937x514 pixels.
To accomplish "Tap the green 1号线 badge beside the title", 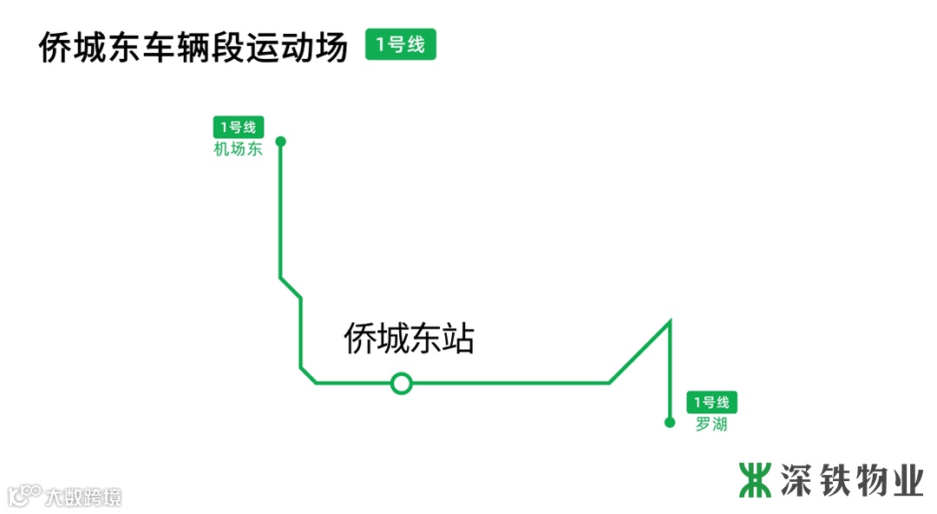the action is (400, 44).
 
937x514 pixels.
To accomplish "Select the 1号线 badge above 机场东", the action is (238, 127).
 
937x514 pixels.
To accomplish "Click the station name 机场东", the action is (238, 148).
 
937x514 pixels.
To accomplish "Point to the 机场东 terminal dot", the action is (280, 141).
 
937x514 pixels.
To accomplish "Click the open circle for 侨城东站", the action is (401, 382).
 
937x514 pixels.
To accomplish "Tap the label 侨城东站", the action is (409, 338).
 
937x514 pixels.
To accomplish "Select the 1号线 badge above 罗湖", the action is (711, 403).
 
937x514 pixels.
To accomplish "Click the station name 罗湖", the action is (711, 425).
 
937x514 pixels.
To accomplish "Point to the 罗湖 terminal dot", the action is (669, 423).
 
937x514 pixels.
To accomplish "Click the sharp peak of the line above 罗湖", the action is (670, 322).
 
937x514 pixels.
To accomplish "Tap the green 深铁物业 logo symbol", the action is (755, 479).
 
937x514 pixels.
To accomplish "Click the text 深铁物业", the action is (851, 479).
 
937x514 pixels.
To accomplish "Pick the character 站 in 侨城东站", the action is (458, 338).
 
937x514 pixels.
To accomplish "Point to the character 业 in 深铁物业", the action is (907, 479).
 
